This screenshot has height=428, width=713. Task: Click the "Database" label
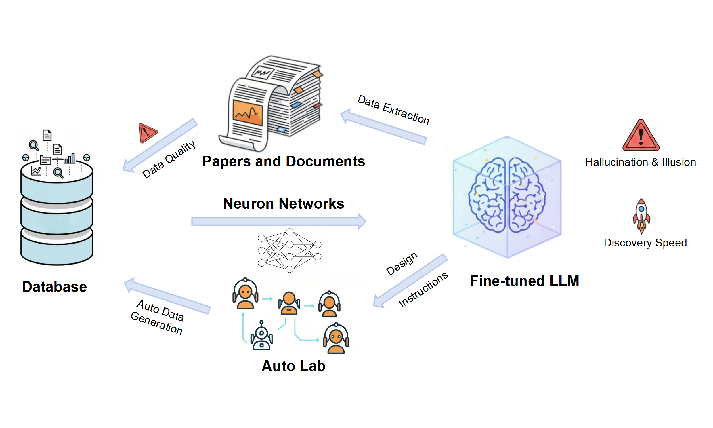pos(54,287)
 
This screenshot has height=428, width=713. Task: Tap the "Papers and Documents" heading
pos(284,161)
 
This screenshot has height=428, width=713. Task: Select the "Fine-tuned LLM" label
pos(524,281)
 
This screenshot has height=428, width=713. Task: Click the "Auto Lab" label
pos(293,366)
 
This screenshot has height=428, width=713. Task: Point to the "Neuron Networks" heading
pos(284,203)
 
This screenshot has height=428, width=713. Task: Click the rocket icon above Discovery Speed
pos(641,216)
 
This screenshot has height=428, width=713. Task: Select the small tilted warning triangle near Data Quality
pos(147,133)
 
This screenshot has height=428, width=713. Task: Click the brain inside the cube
pos(507,195)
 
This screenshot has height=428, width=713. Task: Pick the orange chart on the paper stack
pos(248,113)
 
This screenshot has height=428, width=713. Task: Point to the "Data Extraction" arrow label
pos(393,110)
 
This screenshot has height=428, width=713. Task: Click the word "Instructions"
pos(423,290)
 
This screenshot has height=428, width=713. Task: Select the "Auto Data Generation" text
pos(158,317)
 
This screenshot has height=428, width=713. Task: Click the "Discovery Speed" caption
pos(645,243)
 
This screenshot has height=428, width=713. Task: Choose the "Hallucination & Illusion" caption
pos(640,162)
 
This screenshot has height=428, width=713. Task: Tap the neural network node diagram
pos(289,250)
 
